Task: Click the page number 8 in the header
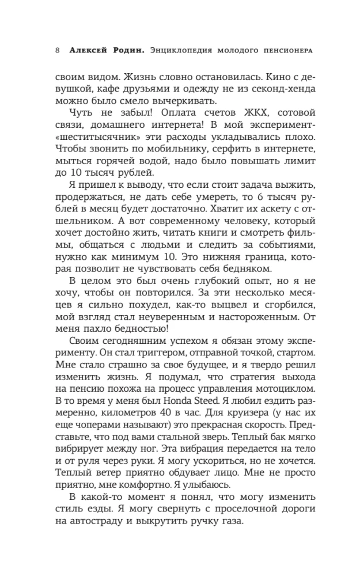[58, 50]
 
